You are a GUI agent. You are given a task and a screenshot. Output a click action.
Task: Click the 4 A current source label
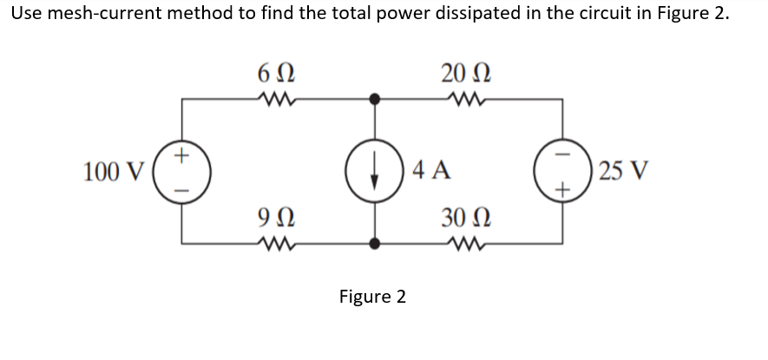coord(431,170)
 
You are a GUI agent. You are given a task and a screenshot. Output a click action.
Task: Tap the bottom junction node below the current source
coord(375,244)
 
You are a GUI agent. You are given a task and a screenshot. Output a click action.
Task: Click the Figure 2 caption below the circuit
coord(372,298)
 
